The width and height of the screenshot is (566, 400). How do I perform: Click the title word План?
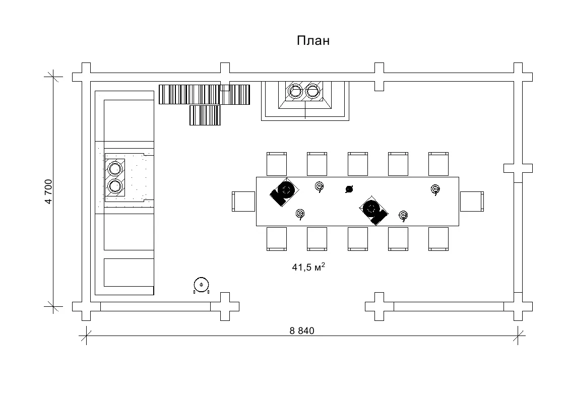click(312, 41)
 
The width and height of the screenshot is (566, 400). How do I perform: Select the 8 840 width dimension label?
click(302, 331)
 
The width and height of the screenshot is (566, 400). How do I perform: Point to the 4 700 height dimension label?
click(49, 191)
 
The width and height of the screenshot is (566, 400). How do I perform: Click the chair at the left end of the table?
click(244, 202)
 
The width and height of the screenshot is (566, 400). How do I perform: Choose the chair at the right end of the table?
click(471, 202)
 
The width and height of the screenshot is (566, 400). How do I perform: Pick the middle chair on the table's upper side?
click(357, 164)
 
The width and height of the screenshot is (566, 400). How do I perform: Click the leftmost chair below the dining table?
click(276, 239)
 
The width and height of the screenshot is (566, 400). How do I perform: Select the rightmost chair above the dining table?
click(438, 164)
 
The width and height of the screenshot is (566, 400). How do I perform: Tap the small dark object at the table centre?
click(349, 189)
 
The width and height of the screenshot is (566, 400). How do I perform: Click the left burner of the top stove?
click(295, 91)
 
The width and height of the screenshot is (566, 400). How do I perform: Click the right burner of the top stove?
click(313, 91)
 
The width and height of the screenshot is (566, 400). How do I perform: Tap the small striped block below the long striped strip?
click(205, 115)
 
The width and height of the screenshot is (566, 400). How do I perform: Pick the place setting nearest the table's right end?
click(435, 189)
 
